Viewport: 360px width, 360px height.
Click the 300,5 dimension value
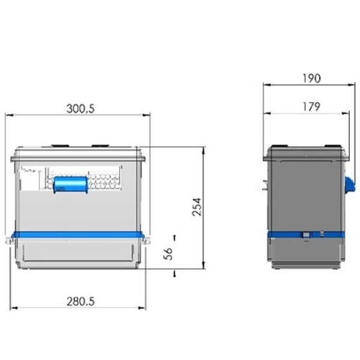[x=80, y=109]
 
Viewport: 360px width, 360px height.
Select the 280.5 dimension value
[x=80, y=301]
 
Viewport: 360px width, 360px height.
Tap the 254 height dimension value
[x=197, y=207]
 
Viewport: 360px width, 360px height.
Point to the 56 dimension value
[x=168, y=254]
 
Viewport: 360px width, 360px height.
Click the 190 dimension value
[x=311, y=78]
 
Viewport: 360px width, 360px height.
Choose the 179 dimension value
[x=311, y=107]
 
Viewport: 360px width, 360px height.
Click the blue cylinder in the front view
[x=70, y=185]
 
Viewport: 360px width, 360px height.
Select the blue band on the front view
[x=78, y=235]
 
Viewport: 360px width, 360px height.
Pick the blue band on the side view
[x=306, y=235]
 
